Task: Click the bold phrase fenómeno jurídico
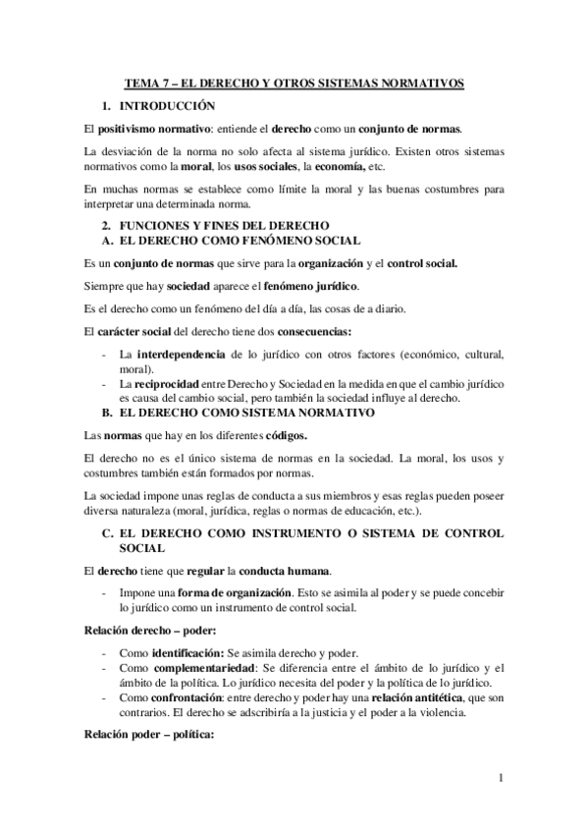click(312, 286)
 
